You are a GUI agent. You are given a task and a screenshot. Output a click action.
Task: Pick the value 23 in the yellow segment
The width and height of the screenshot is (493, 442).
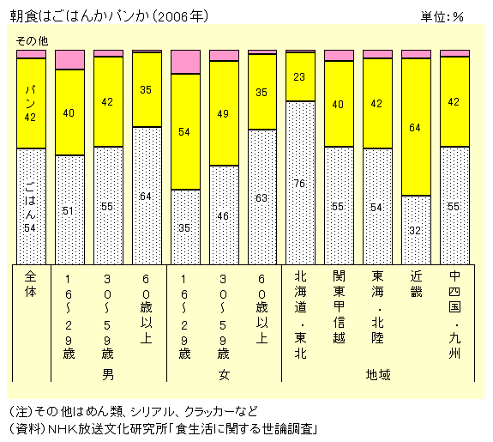pyautogui.click(x=300, y=77)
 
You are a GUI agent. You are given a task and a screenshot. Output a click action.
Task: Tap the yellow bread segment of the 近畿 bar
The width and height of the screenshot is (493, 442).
pyautogui.click(x=416, y=127)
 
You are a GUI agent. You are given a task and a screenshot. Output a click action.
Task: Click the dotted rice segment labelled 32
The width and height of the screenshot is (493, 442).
pyautogui.click(x=416, y=230)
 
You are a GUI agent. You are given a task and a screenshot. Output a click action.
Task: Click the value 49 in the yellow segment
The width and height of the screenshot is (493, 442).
pyautogui.click(x=223, y=112)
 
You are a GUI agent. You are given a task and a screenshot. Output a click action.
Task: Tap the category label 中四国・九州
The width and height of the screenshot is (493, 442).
pyautogui.click(x=454, y=312)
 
